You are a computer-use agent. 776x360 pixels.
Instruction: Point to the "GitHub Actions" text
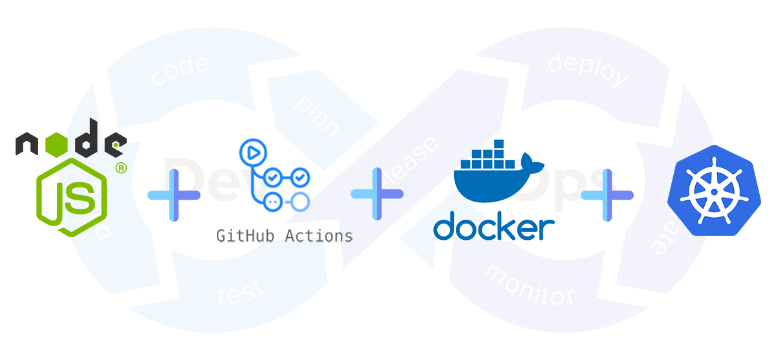click(x=285, y=236)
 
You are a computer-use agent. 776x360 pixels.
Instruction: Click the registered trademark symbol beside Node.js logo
click(x=120, y=169)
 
